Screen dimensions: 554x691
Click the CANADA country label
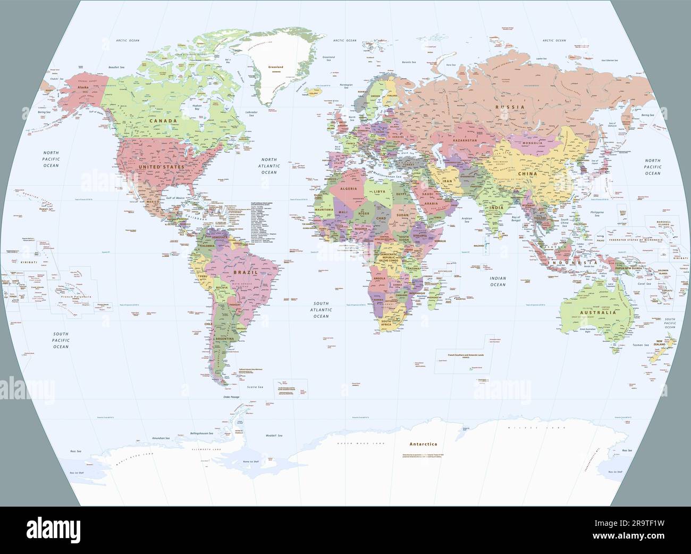(x=163, y=121)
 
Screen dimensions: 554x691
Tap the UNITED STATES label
(x=161, y=167)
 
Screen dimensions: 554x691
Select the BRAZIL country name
(x=245, y=272)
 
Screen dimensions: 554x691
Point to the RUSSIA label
(x=510, y=107)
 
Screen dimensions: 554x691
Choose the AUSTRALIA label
(x=598, y=312)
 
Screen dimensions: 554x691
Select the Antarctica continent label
(x=423, y=444)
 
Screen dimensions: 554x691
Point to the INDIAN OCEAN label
(x=498, y=282)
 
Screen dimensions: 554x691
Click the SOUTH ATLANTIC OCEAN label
(x=321, y=309)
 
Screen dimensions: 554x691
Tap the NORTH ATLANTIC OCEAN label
(x=269, y=166)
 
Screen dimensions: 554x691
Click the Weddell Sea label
(x=274, y=436)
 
